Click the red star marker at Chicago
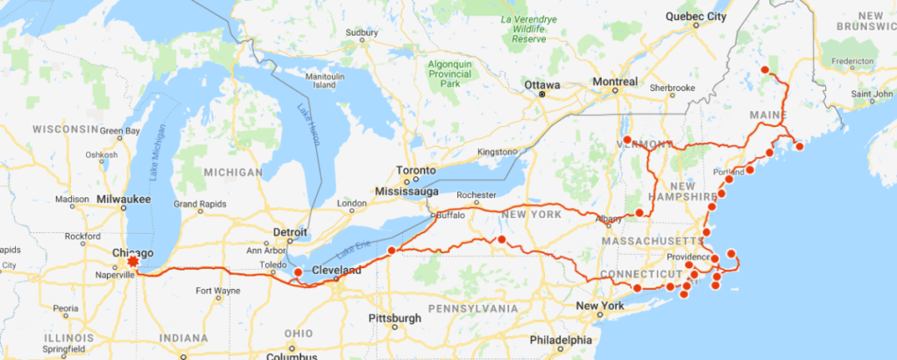[x=133, y=261]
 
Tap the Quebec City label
[x=696, y=16]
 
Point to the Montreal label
[x=615, y=81]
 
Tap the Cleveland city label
[x=335, y=271]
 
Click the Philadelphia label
[x=561, y=340]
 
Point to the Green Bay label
[x=119, y=131]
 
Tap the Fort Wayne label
[x=216, y=291]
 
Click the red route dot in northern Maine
[x=764, y=70]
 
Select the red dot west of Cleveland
[x=298, y=272]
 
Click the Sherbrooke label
[x=672, y=88]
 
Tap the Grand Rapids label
[x=201, y=204]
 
